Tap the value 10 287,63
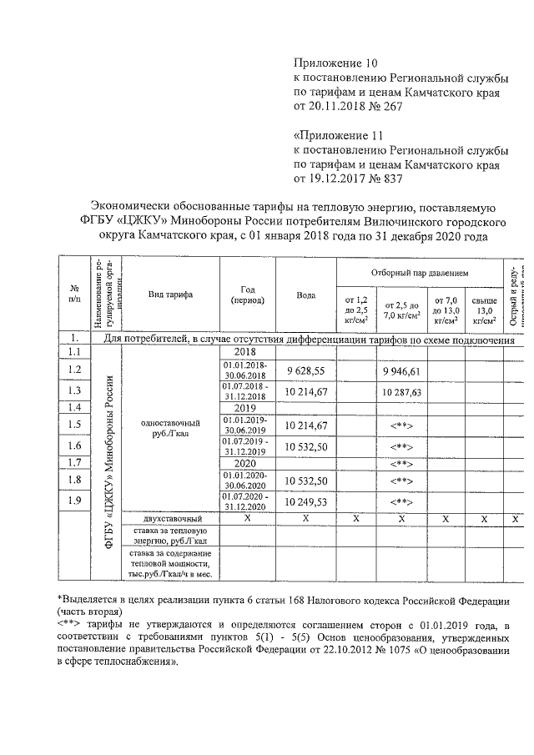401,390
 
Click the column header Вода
305,295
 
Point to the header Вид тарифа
170,295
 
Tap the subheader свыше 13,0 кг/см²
484,310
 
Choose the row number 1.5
73,425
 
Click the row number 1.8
73,480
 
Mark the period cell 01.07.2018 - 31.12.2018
245,390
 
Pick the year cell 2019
245,408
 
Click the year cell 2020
245,462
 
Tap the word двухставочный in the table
170,518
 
